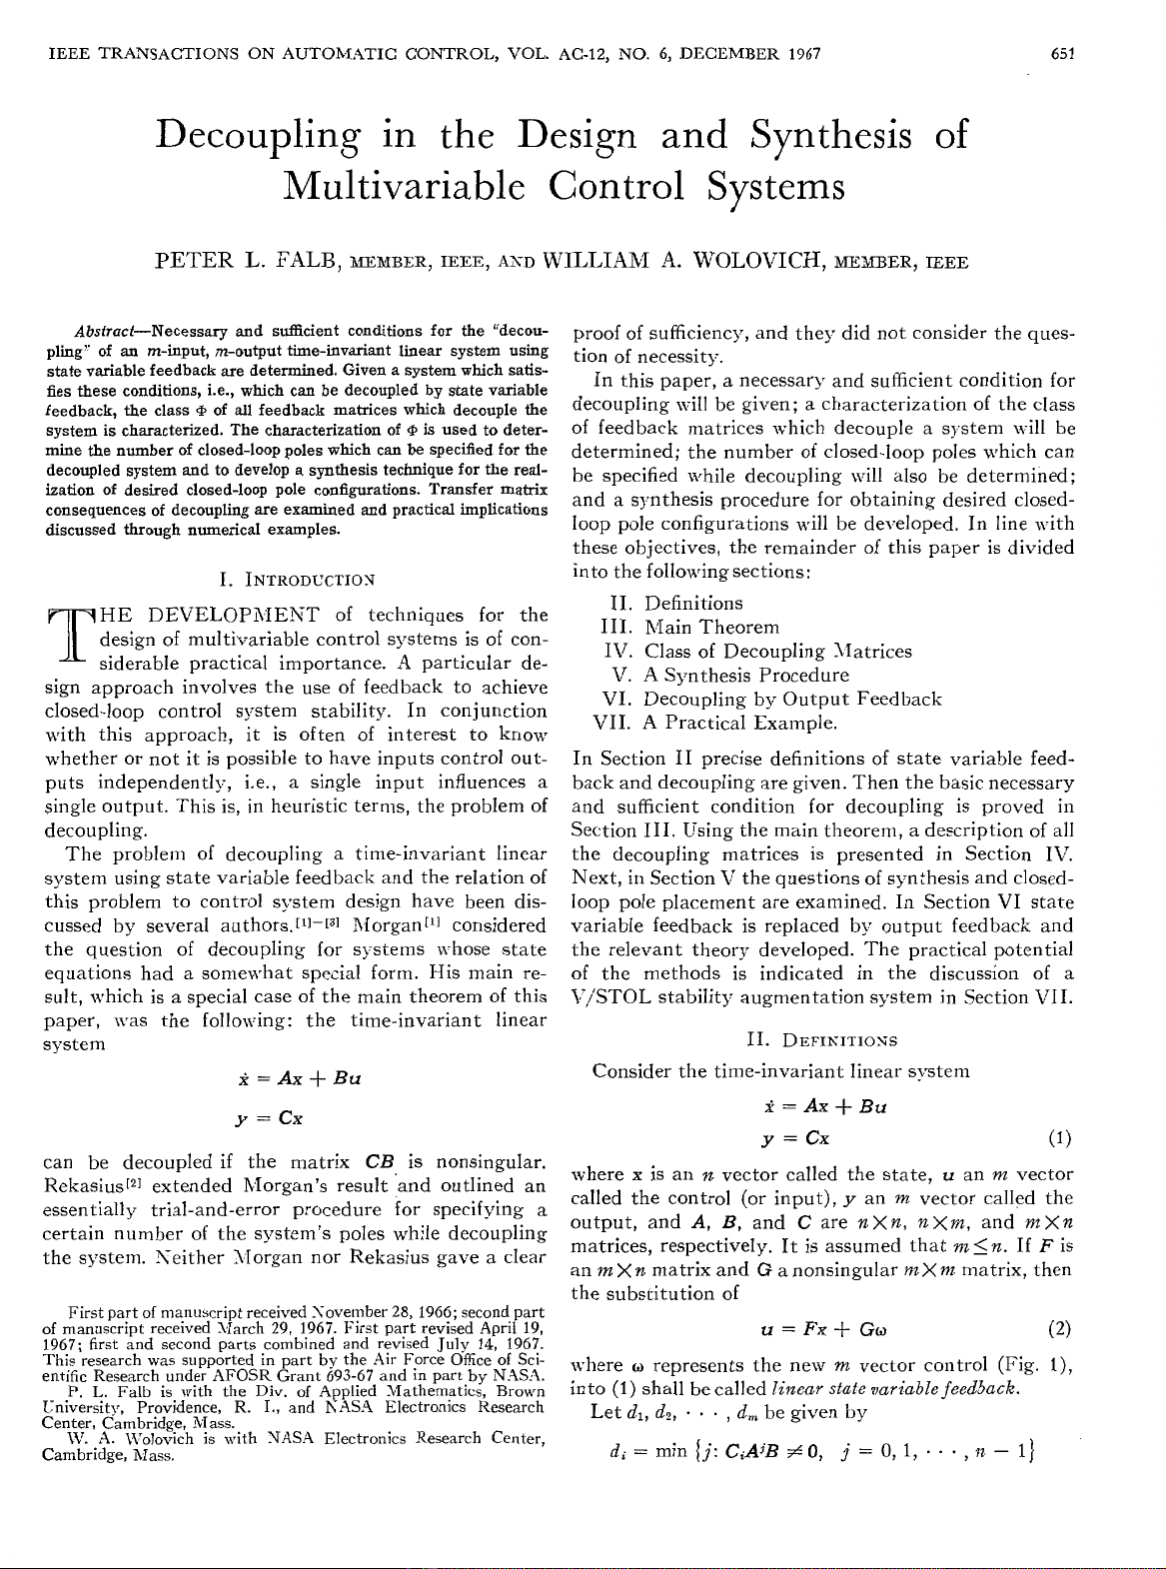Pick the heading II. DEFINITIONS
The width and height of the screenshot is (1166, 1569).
coord(821,1040)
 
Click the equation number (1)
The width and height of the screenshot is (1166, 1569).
coord(1059,1138)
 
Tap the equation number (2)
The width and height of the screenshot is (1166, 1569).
coord(1059,1329)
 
